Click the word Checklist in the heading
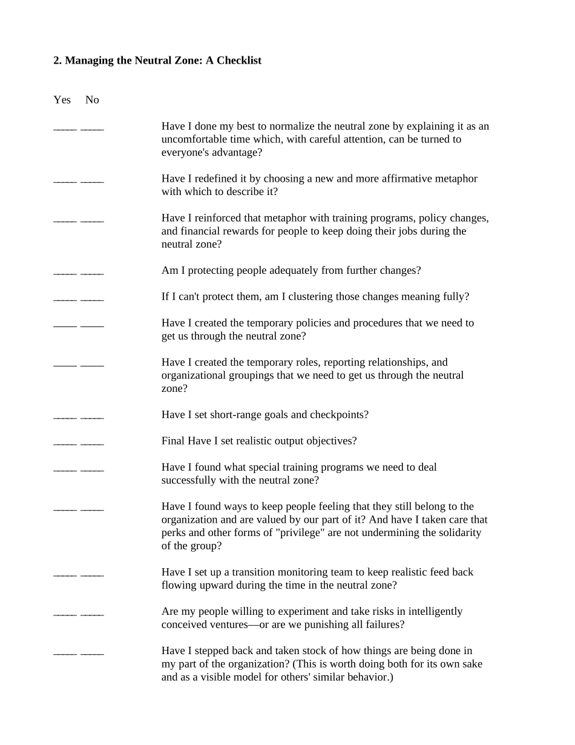pos(238,61)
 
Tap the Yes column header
pos(62,100)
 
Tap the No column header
pos(92,100)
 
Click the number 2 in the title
pos(57,61)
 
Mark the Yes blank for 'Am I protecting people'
pos(65,273)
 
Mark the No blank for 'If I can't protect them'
pos(92,299)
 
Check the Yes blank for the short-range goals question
pos(65,417)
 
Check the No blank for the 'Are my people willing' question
pos(92,614)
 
